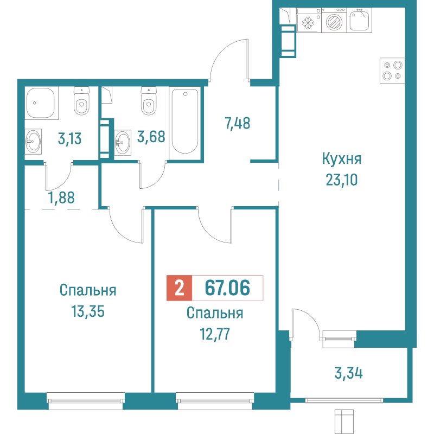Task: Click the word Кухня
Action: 341,159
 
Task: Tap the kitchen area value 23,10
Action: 341,179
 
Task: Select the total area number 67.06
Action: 227,288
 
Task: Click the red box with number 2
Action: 179,288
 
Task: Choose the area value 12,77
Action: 215,333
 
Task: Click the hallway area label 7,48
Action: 237,124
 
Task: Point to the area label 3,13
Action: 69,138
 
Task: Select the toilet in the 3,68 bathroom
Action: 148,102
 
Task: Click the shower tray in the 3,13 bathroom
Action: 41,103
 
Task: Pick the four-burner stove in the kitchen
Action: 392,70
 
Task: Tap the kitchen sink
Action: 360,21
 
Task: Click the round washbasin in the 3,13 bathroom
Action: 33,143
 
